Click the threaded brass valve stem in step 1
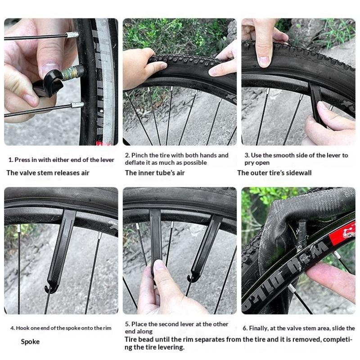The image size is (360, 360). click(72, 72)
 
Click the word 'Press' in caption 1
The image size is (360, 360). click(22, 160)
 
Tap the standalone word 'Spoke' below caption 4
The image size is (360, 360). click(30, 342)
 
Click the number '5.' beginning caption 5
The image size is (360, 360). click(127, 324)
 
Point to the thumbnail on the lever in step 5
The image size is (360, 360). click(159, 265)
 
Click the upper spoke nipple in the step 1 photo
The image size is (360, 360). click(72, 35)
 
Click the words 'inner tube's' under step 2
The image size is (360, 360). click(155, 173)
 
